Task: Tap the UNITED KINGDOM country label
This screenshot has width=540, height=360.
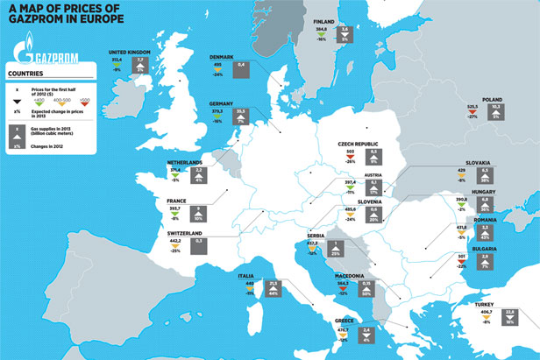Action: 131,53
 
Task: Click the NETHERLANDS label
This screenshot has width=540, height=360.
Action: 186,162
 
